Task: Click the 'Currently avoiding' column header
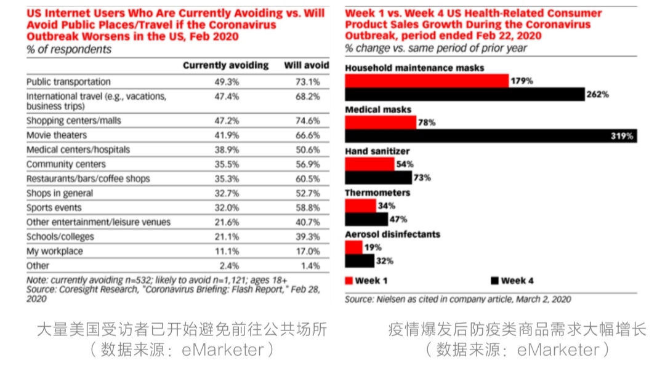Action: pyautogui.click(x=225, y=65)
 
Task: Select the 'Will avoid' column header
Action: pyautogui.click(x=306, y=65)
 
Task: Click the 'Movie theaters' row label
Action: pyautogui.click(x=57, y=135)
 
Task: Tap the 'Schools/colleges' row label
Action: pyautogui.click(x=60, y=236)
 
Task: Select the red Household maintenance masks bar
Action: pyautogui.click(x=427, y=81)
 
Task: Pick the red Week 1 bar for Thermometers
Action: pyautogui.click(x=360, y=206)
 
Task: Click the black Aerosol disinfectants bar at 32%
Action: pyautogui.click(x=359, y=260)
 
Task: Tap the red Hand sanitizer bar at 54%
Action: pyautogui.click(x=369, y=164)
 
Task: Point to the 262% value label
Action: pyautogui.click(x=597, y=94)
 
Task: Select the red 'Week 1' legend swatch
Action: pyautogui.click(x=350, y=281)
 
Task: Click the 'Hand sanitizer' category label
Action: pyautogui.click(x=377, y=151)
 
